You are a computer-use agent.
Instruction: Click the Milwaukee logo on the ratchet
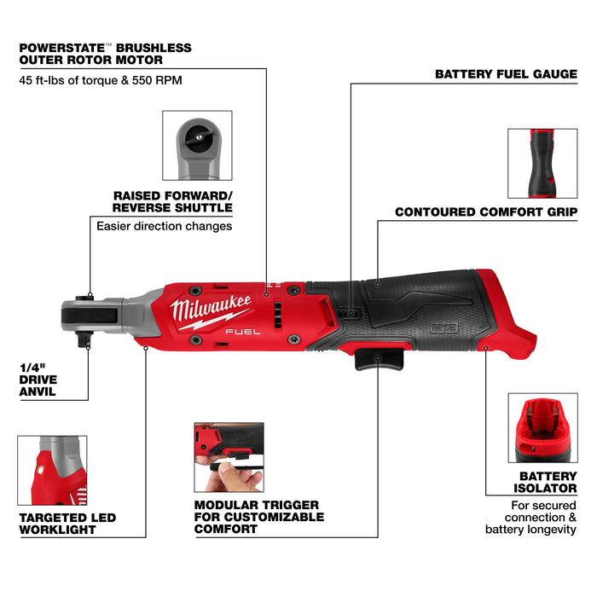pyautogui.click(x=210, y=311)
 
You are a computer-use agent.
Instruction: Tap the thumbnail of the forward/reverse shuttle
pyautogui.click(x=197, y=145)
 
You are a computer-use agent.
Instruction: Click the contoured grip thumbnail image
pyautogui.click(x=542, y=162)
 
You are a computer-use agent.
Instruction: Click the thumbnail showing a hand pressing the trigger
pyautogui.click(x=229, y=456)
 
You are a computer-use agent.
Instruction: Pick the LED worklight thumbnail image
pyautogui.click(x=51, y=472)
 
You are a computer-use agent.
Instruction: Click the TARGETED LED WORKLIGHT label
pyautogui.click(x=67, y=524)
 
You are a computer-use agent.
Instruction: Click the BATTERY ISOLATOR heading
pyautogui.click(x=548, y=483)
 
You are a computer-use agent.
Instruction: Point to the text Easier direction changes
pyautogui.click(x=164, y=226)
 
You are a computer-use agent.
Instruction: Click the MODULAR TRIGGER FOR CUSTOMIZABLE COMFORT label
pyautogui.click(x=258, y=517)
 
